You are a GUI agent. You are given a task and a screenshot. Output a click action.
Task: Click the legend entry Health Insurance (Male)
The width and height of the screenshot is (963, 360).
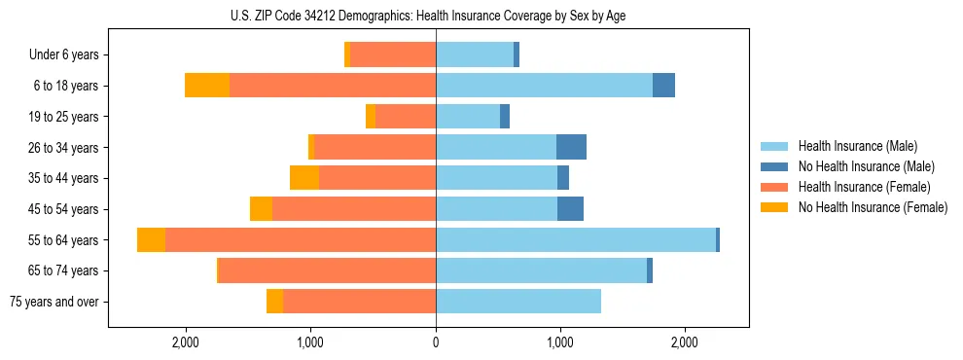coord(857,146)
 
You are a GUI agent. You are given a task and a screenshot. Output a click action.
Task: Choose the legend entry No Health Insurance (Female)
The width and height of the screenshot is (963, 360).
coord(873,207)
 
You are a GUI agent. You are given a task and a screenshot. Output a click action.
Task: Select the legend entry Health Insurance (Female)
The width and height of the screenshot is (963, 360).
coord(864,187)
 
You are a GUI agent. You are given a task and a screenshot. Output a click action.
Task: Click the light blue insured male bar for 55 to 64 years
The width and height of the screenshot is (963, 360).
coord(575,239)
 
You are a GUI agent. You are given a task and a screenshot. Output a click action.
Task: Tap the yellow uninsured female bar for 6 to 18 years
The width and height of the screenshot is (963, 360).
coord(207,86)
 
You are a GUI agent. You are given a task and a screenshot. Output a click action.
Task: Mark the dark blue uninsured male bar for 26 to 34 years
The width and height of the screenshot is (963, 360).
coord(571,147)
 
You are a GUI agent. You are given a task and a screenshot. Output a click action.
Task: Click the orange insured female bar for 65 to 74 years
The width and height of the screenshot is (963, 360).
coord(327,270)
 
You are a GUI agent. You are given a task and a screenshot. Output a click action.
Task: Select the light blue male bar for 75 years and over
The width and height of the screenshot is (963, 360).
coord(517,302)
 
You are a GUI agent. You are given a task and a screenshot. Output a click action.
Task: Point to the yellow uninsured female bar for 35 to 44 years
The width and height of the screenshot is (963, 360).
coord(304,178)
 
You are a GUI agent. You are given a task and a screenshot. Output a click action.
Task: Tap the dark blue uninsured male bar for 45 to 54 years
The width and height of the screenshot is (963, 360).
coord(570,209)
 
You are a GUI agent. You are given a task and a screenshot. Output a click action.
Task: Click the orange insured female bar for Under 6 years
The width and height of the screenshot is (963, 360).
coord(392,54)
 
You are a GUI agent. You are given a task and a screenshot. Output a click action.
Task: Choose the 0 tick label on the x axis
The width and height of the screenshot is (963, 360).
coord(436,342)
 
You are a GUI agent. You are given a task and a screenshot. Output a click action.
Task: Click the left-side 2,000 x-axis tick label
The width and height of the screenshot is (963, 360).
coord(185,342)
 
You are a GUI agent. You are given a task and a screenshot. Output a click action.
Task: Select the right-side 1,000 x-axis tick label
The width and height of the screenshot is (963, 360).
coord(559,342)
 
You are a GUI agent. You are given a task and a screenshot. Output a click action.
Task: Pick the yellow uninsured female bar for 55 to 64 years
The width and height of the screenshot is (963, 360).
coord(151,239)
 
